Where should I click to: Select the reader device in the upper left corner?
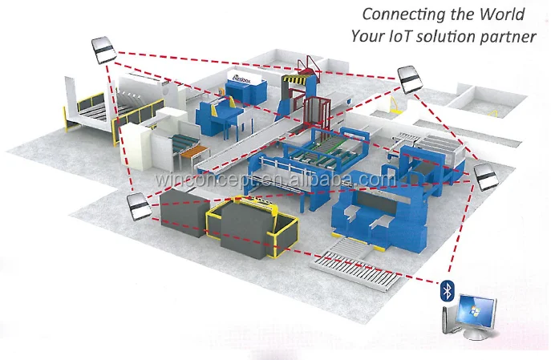103,51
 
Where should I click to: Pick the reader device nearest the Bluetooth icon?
485,176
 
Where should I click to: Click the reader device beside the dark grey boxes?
139,208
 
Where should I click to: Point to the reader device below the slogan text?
408,78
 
